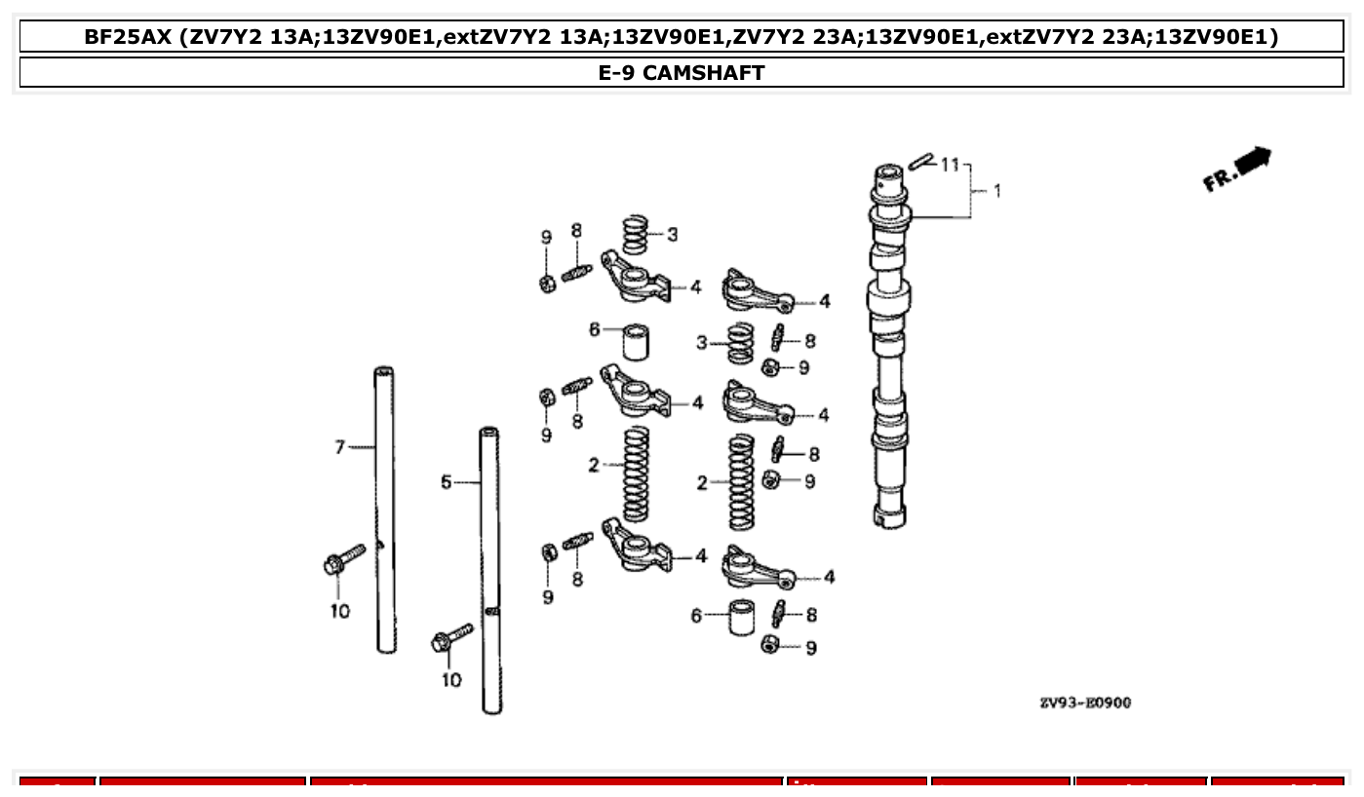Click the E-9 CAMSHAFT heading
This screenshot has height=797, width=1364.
pos(682,73)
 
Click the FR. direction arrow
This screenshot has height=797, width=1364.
pos(1236,170)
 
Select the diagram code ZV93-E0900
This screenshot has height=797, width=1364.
pos(1084,702)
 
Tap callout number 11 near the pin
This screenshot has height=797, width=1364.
pos(950,165)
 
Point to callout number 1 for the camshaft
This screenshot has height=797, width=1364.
pos(996,191)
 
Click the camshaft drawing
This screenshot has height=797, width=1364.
pos(889,341)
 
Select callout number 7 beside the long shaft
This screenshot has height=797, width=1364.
pos(340,447)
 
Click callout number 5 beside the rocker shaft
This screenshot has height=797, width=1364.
pos(446,481)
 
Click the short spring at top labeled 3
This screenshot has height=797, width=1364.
pos(637,235)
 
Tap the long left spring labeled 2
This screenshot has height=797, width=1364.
pos(636,472)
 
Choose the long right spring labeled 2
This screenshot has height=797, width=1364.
pos(741,481)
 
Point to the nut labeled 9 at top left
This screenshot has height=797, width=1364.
pos(547,283)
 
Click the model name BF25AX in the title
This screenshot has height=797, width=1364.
pos(128,37)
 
